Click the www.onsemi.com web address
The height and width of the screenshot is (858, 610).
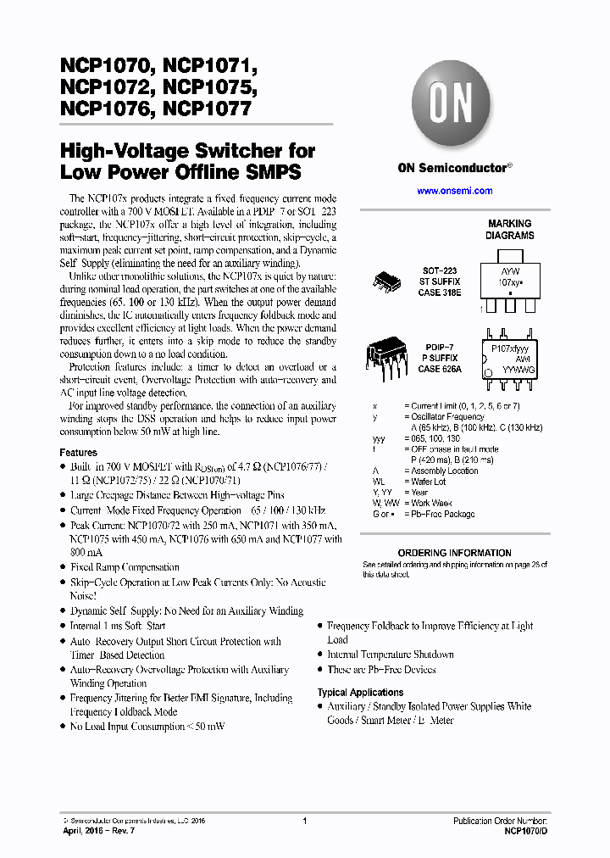point(455,191)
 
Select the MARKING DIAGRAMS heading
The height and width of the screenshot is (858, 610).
point(510,230)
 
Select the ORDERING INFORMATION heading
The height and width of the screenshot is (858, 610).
point(454,553)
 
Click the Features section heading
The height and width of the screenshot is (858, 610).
point(78,453)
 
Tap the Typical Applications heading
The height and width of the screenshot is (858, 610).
point(360,693)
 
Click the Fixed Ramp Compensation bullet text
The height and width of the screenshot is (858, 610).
point(125,567)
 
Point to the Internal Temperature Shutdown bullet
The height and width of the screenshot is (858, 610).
point(391,655)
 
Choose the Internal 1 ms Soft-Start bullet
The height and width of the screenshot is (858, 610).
point(118,626)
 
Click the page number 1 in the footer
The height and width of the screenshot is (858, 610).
point(304,821)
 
